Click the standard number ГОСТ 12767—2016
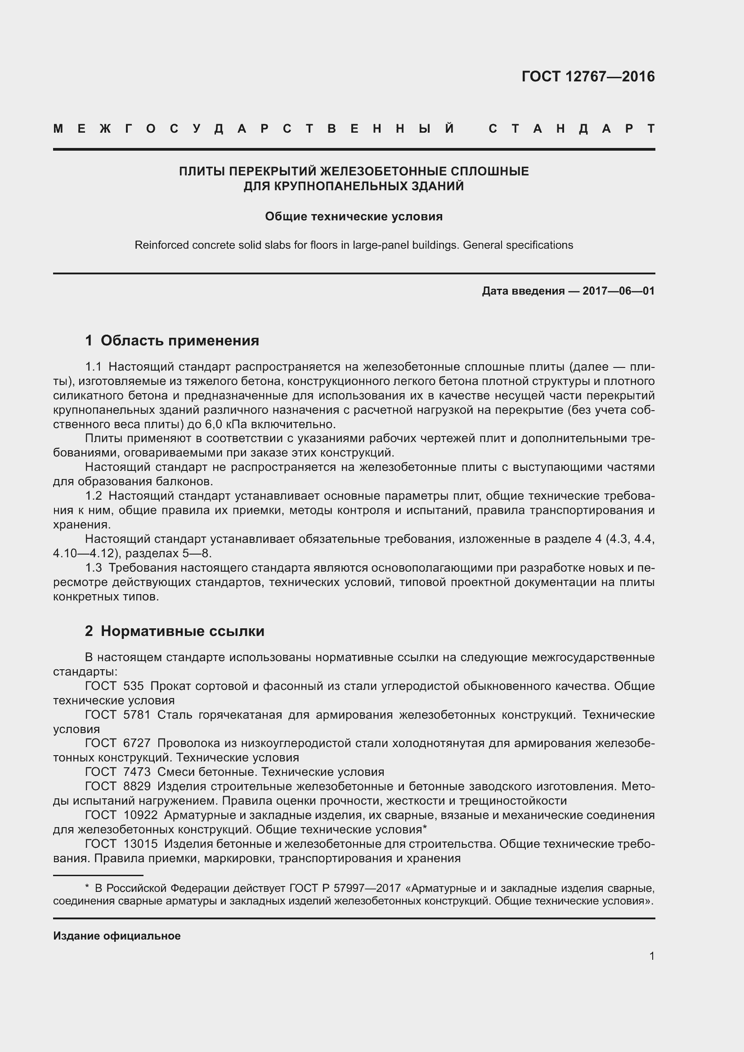tap(588, 76)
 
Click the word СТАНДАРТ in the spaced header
tap(571, 129)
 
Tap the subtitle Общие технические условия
tap(354, 216)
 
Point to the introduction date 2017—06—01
tap(618, 291)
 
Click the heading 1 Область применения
tap(172, 340)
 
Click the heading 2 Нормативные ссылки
tap(175, 631)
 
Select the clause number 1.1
tap(93, 367)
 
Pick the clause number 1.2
tap(93, 496)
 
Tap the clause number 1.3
tap(93, 568)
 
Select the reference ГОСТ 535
tap(114, 686)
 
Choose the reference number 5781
tap(137, 715)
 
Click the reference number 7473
tap(137, 772)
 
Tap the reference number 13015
tap(140, 843)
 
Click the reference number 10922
tap(140, 815)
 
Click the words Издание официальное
tap(117, 936)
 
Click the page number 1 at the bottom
tap(651, 956)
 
